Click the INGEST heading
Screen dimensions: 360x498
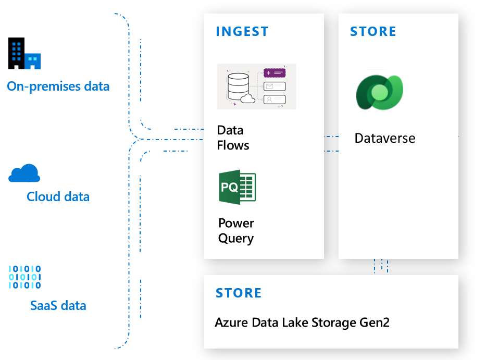click(x=242, y=32)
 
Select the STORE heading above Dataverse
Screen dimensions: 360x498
click(x=373, y=32)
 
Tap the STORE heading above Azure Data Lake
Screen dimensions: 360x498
click(x=239, y=293)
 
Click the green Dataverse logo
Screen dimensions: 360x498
click(x=380, y=92)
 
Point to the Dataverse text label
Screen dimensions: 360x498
click(x=385, y=139)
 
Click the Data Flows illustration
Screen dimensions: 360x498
click(x=256, y=86)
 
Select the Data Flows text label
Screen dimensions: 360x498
click(x=233, y=138)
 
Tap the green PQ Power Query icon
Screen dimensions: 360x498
click(x=238, y=187)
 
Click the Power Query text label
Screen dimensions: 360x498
click(x=236, y=231)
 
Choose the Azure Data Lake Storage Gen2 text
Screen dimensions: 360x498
click(x=302, y=322)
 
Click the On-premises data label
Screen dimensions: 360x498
click(x=58, y=86)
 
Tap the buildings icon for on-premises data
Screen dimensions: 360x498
click(x=24, y=54)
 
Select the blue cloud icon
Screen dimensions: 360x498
click(x=24, y=173)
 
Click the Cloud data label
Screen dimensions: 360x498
click(x=58, y=197)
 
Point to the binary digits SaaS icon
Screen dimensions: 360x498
click(x=24, y=277)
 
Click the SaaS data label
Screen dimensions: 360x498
click(x=58, y=305)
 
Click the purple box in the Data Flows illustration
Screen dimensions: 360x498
click(x=275, y=73)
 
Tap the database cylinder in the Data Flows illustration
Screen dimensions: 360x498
click(x=238, y=86)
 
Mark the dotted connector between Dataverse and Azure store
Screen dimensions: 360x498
click(x=381, y=266)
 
